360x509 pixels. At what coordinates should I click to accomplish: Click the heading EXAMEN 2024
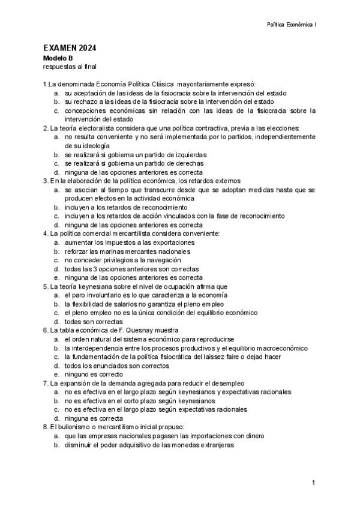coord(70,48)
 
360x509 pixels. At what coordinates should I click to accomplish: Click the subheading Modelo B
coord(58,58)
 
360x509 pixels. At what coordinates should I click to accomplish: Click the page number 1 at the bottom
coord(314,484)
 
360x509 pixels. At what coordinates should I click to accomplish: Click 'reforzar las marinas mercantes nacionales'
coord(127,251)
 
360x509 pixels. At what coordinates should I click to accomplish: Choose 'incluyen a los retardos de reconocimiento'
coord(127,207)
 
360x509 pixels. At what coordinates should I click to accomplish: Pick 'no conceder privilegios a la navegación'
coord(123,260)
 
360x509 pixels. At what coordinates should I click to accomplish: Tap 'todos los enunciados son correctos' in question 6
coord(117,365)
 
